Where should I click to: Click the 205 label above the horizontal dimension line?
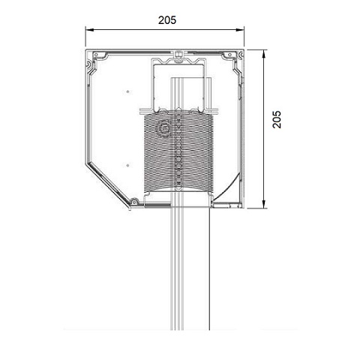pyautogui.click(x=166, y=21)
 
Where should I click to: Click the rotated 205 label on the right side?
pyautogui.click(x=277, y=120)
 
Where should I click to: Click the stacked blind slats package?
pyautogui.click(x=180, y=150)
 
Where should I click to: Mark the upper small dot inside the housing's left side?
pyautogui.click(x=128, y=91)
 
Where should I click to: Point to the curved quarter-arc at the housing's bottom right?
pyautogui.click(x=229, y=187)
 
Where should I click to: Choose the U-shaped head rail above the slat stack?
pyautogui.click(x=180, y=82)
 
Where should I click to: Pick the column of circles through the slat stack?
pyautogui.click(x=179, y=150)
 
